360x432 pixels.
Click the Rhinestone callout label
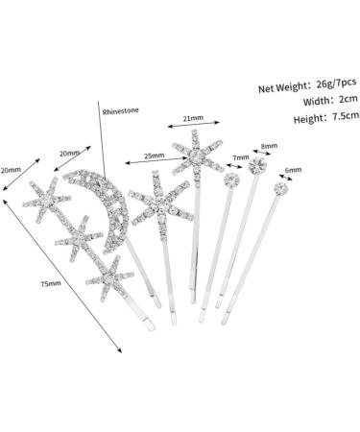(x=121, y=111)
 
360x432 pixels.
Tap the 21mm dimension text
(x=193, y=118)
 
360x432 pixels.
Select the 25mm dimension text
(x=154, y=156)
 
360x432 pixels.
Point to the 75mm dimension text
(x=51, y=283)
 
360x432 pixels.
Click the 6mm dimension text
(x=293, y=170)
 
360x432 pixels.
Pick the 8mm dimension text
(x=269, y=146)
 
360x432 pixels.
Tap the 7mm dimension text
(x=241, y=157)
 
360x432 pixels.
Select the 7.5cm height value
(x=346, y=115)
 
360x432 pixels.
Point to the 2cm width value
(x=348, y=99)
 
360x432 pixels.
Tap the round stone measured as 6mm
(x=281, y=189)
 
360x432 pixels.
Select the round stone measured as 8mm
(x=257, y=165)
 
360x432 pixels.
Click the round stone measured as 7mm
(x=231, y=180)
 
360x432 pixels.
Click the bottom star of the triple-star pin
(x=109, y=278)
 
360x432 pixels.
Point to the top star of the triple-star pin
(x=47, y=200)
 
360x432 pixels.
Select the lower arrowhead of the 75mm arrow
(x=120, y=350)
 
